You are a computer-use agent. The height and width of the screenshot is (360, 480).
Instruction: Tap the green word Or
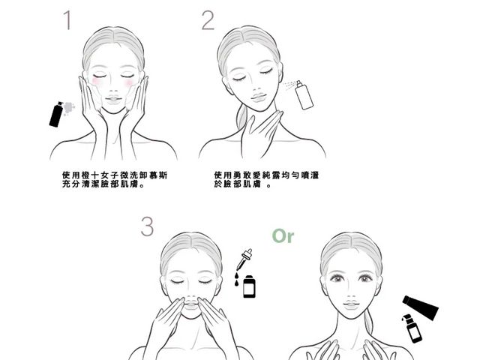tap(283, 236)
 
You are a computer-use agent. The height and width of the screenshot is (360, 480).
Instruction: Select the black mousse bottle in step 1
tap(55, 113)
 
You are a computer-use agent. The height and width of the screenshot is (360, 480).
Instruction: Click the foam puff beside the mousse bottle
tap(68, 107)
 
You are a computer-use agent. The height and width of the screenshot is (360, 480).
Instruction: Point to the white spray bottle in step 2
tap(303, 95)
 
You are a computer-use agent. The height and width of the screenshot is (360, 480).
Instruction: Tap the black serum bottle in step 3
tap(249, 286)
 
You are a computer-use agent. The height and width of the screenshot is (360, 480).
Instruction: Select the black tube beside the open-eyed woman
tap(421, 306)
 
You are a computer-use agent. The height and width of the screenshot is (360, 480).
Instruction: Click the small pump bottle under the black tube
tap(411, 328)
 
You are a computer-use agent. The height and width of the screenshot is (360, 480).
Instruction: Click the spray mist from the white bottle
tap(289, 85)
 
